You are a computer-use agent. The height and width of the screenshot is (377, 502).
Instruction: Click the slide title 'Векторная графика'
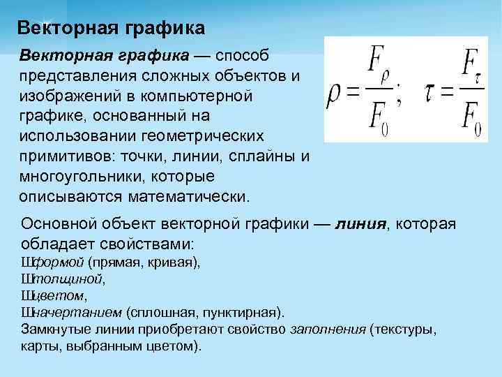111,28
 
